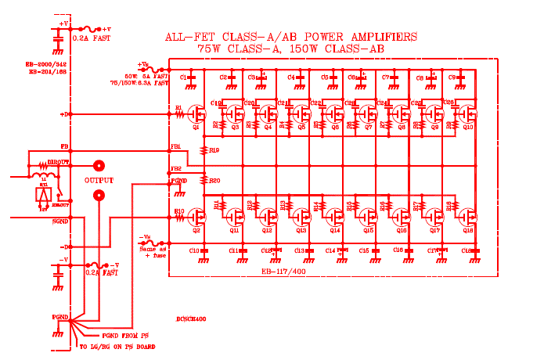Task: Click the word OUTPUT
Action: pos(99,181)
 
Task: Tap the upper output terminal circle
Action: pos(99,166)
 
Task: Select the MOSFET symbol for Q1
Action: pos(199,115)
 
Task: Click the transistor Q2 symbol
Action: pos(199,219)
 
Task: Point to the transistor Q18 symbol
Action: pos(468,219)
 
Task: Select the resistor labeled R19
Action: pos(205,149)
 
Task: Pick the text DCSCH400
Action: pos(191,320)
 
